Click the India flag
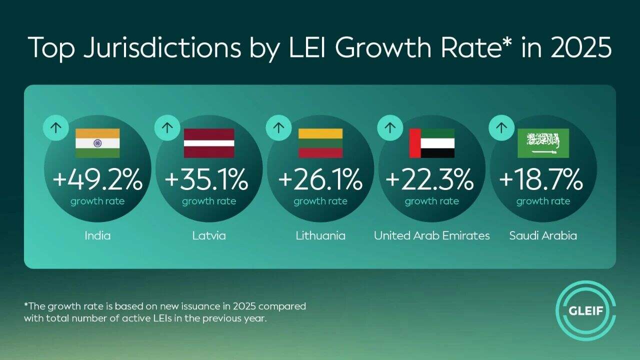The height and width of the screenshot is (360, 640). point(97,143)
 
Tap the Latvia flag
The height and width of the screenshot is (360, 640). point(209,143)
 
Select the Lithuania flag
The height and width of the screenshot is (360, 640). point(320,143)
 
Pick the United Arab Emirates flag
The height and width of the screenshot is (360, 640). point(432,143)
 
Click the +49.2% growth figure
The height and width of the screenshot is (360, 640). point(97,180)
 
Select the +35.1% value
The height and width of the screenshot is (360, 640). point(206,180)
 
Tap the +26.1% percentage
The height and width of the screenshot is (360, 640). point(320,180)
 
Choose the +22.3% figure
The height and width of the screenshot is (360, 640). point(430,180)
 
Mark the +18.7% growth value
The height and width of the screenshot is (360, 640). point(541,180)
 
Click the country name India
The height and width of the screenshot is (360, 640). point(97,235)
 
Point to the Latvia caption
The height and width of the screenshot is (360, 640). point(209,235)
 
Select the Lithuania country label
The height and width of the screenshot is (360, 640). point(320,235)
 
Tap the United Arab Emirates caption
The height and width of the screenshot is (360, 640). point(432,235)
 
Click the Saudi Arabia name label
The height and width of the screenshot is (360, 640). point(543,235)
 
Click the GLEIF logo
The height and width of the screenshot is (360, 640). point(585,310)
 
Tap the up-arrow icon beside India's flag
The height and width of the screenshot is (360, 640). point(56,127)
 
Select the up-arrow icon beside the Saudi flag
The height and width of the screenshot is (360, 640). point(501,127)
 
